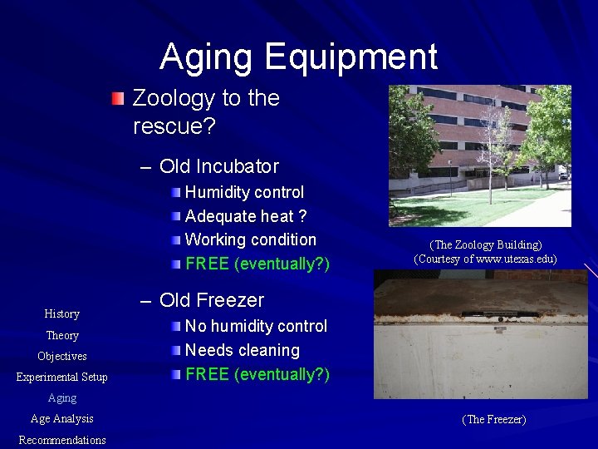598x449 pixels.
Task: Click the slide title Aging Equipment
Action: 298,57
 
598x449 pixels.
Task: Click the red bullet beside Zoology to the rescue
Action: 119,99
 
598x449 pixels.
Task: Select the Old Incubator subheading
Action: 218,166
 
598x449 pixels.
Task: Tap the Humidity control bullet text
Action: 244,192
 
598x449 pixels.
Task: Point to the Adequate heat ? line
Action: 246,216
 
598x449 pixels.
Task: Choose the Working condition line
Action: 250,239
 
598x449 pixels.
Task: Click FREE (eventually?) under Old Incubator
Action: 257,264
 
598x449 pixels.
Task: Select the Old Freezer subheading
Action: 211,300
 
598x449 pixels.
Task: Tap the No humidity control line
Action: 256,326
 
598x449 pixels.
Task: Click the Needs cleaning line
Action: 242,350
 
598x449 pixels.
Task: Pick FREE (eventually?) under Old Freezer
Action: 257,374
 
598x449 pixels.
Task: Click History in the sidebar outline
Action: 62,313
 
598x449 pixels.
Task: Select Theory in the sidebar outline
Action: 62,335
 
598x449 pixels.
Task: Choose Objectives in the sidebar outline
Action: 62,356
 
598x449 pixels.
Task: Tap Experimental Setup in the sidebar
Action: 62,377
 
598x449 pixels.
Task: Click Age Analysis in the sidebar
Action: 62,419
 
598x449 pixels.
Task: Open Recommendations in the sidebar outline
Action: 62,440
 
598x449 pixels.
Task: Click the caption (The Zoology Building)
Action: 485,244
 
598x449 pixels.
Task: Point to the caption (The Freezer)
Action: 493,420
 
